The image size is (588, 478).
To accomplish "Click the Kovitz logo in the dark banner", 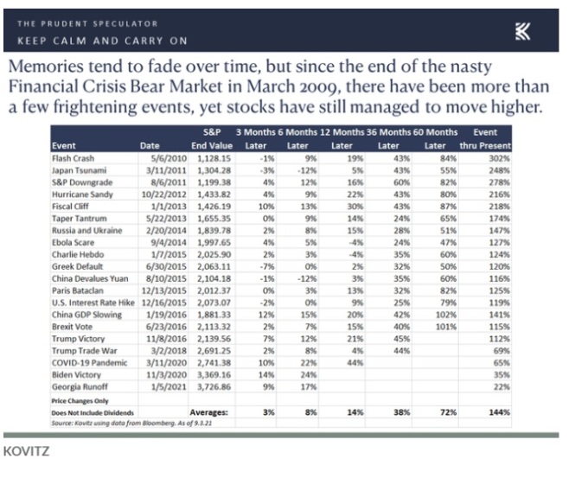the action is pyautogui.click(x=522, y=31).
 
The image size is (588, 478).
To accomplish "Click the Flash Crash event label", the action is pyautogui.click(x=73, y=158).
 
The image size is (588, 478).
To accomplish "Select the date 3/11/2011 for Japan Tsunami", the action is pyautogui.click(x=166, y=170).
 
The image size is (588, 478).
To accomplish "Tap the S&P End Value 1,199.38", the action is pyautogui.click(x=214, y=182).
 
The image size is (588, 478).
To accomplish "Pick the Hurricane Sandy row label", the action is pyautogui.click(x=82, y=194).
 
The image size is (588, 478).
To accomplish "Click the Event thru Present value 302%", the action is pyautogui.click(x=499, y=158).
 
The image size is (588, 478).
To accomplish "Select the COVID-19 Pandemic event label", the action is pyautogui.click(x=90, y=363).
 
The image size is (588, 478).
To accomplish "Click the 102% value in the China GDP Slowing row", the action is pyautogui.click(x=446, y=315).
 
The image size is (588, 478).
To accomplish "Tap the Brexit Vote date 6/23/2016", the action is pyautogui.click(x=166, y=327).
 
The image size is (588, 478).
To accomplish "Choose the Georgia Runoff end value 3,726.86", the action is pyautogui.click(x=214, y=387).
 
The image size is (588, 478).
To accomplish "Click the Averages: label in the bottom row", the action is pyautogui.click(x=209, y=412).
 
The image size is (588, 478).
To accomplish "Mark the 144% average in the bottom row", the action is pyautogui.click(x=499, y=412).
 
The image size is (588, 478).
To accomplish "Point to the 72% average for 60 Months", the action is pyautogui.click(x=449, y=412).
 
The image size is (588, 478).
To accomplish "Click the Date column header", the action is pyautogui.click(x=150, y=146).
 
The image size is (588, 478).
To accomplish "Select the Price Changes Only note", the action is pyautogui.click(x=80, y=401).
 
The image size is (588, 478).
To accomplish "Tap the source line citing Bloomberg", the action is pyautogui.click(x=131, y=424).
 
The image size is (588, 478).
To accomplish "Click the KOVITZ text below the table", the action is pyautogui.click(x=26, y=451).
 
